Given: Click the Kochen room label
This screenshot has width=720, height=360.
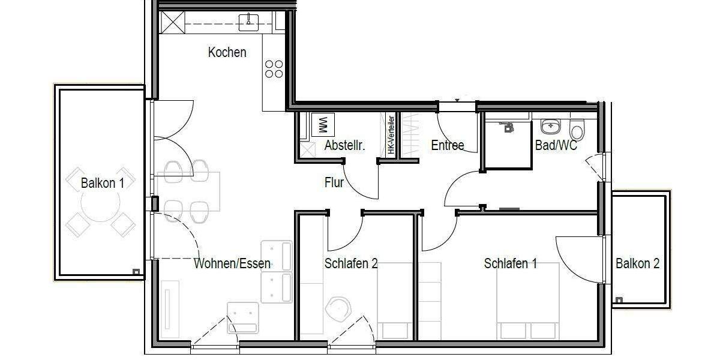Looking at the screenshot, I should tap(227, 52).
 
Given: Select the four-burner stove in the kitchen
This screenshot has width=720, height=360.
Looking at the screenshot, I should tap(274, 69).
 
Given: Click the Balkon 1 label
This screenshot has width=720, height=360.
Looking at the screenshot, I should tap(103, 183).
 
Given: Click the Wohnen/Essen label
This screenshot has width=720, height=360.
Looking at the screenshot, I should tap(232, 263).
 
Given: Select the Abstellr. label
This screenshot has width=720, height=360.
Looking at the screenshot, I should tap(344, 145).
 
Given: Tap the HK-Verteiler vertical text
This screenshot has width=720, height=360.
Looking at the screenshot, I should tap(391, 135).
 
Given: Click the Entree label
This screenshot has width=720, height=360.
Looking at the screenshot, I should tap(447, 145).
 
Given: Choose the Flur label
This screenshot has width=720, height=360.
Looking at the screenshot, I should tap(334, 182).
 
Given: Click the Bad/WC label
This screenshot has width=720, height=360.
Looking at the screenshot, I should tap(556, 145).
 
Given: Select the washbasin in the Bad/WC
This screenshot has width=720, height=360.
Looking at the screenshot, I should tap(551, 127).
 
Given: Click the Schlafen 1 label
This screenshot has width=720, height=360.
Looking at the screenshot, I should tap(510, 263).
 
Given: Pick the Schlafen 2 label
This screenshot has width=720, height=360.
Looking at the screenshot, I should tap(350, 263).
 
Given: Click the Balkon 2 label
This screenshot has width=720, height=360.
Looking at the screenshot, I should tap(637, 263).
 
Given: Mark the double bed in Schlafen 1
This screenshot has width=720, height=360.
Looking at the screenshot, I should tap(528, 300).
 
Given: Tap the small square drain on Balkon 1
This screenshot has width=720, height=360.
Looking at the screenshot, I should tap(136, 272).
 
